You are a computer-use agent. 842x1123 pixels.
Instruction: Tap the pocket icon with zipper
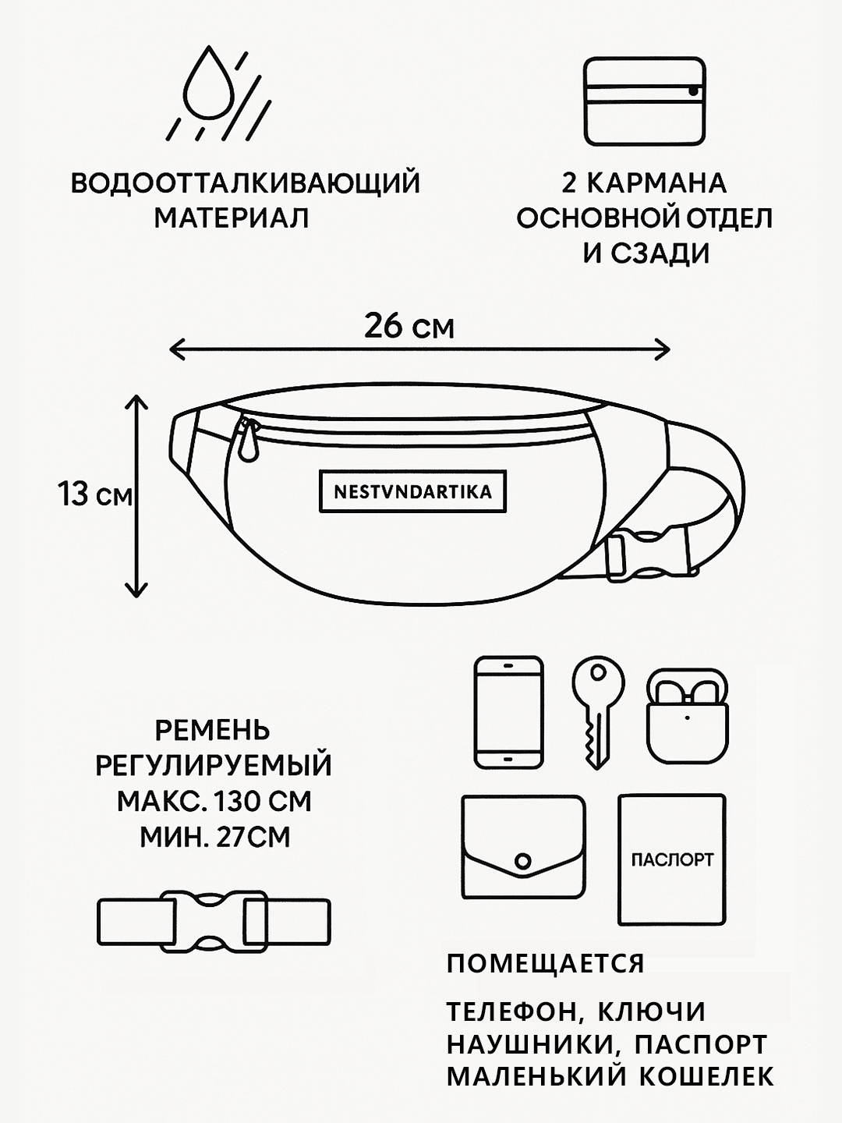644,101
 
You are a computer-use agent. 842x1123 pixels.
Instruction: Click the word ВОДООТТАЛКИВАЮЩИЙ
246,183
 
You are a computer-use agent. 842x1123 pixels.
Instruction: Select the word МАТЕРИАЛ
232,218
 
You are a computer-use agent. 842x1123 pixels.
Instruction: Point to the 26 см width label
409,326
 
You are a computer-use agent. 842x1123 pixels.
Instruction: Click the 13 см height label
95,494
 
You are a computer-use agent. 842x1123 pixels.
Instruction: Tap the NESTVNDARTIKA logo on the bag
412,492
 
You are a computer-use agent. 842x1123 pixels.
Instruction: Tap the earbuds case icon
686,716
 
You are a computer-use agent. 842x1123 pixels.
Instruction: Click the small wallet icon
523,848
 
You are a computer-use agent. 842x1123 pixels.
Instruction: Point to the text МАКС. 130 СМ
214,802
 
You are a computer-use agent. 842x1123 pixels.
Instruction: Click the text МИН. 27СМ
214,838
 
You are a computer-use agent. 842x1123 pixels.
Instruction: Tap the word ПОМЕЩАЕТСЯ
546,964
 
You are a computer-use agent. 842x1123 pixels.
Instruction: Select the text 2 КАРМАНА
644,183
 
